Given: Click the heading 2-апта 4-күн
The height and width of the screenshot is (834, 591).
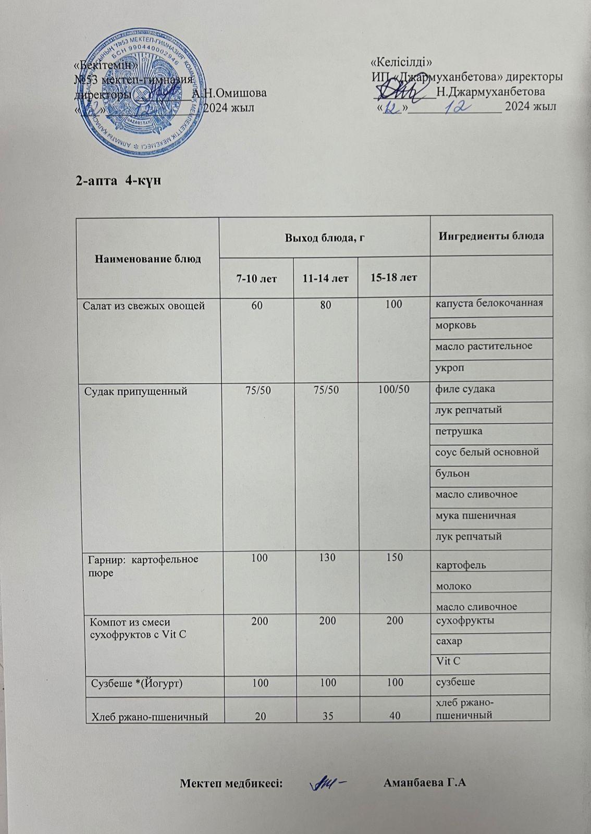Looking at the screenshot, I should click(x=117, y=181).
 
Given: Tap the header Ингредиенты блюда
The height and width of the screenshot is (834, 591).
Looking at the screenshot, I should click(x=491, y=236).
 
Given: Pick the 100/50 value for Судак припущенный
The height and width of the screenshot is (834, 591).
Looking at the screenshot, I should click(x=393, y=389).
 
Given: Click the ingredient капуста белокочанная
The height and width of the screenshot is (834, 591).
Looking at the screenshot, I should click(x=489, y=303).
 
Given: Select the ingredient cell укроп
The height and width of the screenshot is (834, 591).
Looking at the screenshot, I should click(x=450, y=368).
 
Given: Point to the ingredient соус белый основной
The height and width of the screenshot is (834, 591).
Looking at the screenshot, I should click(x=487, y=452).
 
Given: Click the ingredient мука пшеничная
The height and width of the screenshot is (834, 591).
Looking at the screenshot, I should click(x=475, y=516).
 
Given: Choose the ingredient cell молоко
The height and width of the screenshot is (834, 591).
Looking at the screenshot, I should click(x=453, y=586).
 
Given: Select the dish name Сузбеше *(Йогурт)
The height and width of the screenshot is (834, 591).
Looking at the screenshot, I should click(x=137, y=683).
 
